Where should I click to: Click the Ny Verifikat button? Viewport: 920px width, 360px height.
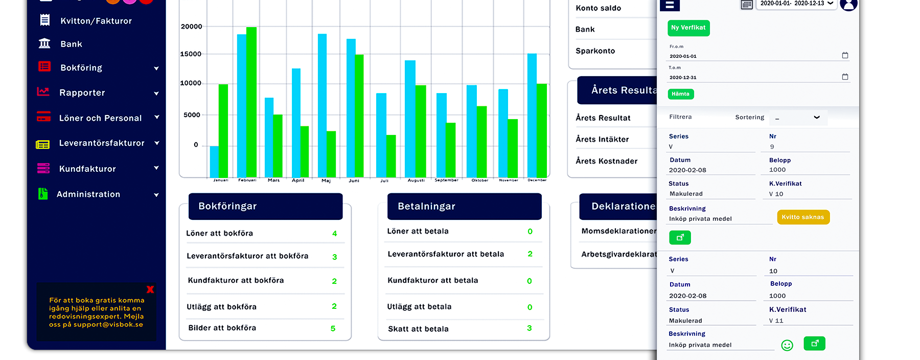pos(688,28)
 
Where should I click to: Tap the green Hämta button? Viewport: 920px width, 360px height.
pos(680,94)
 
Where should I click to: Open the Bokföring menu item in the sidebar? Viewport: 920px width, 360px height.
pos(81,68)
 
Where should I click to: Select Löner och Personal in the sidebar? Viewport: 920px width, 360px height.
pos(100,118)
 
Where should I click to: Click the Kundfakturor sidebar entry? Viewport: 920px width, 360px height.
pos(87,169)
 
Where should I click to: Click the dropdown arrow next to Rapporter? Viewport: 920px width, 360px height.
pos(156,94)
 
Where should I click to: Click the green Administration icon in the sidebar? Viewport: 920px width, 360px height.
pos(43,194)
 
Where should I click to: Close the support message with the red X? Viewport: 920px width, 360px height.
pos(150,289)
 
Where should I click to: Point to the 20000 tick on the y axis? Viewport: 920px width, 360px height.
pos(192,27)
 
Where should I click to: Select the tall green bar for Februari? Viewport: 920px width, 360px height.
pos(251,102)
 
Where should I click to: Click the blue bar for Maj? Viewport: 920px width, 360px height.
pos(322,105)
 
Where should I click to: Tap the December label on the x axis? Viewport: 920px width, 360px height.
pos(537,180)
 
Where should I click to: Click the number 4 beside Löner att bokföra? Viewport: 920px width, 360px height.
pos(335,234)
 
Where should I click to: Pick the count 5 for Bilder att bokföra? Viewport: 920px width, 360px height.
pos(333,329)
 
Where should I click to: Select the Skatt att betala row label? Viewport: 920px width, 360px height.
pos(418,329)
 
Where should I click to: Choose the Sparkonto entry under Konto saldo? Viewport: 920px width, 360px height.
pos(595,51)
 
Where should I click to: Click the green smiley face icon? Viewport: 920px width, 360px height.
pos(787,346)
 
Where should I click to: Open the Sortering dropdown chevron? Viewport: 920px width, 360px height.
pos(817,118)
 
